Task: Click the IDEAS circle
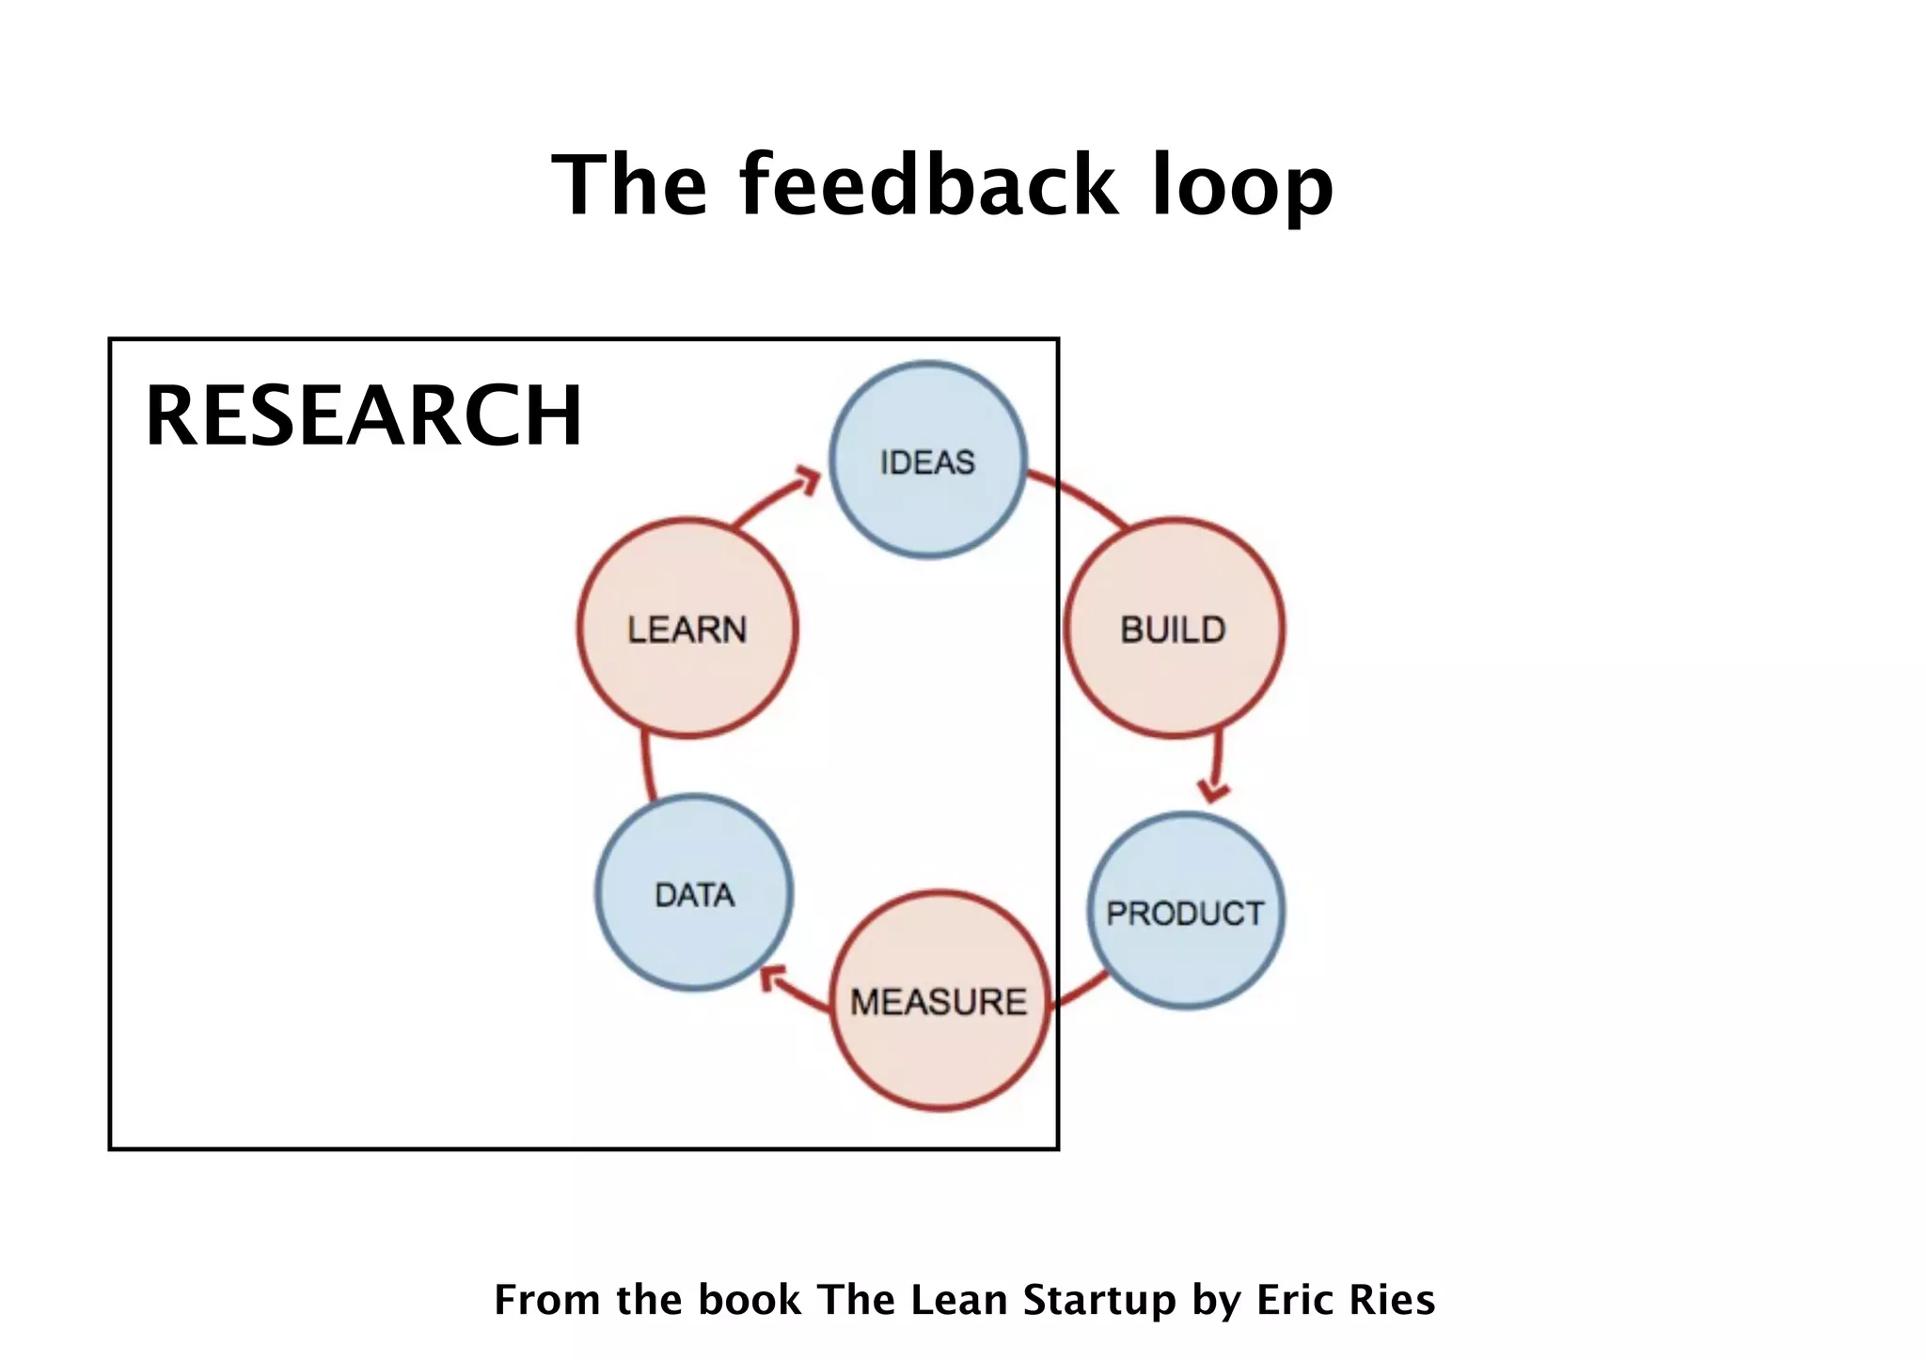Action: tap(928, 461)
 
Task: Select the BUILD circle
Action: tap(1174, 628)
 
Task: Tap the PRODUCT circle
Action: tap(1186, 911)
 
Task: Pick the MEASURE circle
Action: tap(939, 1001)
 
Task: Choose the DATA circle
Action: tap(694, 893)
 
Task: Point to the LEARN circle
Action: tap(687, 628)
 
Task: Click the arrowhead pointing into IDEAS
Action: tap(807, 478)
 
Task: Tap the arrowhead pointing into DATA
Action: tap(773, 979)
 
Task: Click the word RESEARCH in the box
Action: tap(364, 415)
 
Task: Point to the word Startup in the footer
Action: tap(1099, 1301)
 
